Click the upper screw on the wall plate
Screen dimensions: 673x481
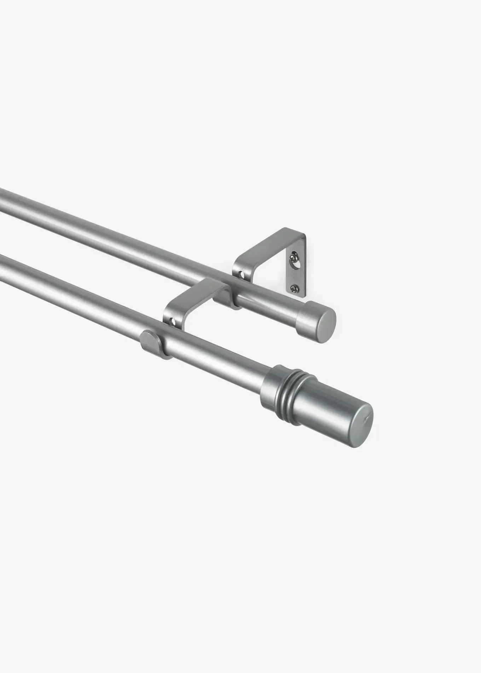(293, 256)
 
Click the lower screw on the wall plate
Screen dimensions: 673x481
(293, 289)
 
